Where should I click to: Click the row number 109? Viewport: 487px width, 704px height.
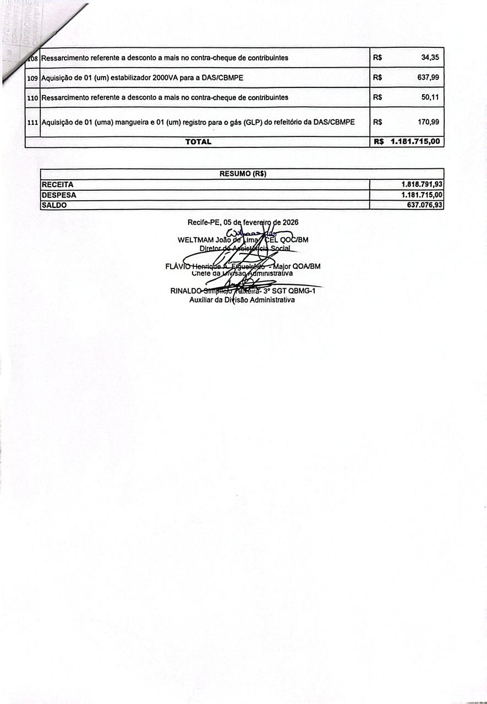[32, 78]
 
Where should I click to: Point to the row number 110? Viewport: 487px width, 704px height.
[32, 98]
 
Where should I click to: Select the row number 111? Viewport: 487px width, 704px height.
[32, 122]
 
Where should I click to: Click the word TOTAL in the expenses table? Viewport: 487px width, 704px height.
[198, 142]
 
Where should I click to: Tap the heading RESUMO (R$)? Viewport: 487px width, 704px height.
[243, 174]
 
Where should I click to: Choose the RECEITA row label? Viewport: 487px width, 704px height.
[57, 185]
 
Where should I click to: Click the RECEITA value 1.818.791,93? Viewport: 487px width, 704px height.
[422, 185]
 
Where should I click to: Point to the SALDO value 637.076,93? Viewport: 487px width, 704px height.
[422, 205]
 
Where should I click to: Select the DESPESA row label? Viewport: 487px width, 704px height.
[59, 195]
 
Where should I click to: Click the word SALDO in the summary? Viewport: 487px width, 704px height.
[54, 205]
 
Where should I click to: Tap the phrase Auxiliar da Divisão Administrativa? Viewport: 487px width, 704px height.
[242, 300]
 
